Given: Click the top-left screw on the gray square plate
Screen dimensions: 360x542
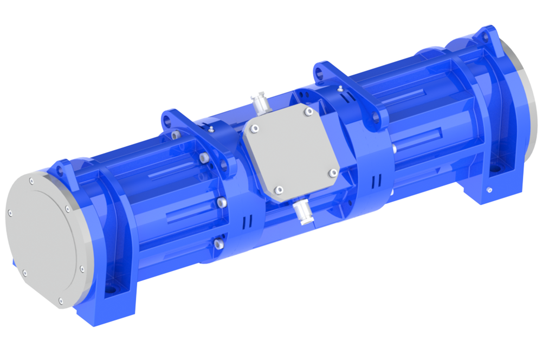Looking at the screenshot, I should (x=253, y=128).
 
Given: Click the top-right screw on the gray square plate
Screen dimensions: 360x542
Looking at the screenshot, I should (x=308, y=112).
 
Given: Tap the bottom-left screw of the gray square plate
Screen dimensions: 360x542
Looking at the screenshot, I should (x=279, y=189).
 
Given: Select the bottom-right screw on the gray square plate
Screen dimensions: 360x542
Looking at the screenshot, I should (x=334, y=172).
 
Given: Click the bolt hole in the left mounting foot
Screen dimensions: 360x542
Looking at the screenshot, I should (x=111, y=291).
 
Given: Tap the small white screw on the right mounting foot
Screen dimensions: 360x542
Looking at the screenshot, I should (x=489, y=190).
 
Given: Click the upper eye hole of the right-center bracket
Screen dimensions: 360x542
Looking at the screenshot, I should (x=324, y=70).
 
